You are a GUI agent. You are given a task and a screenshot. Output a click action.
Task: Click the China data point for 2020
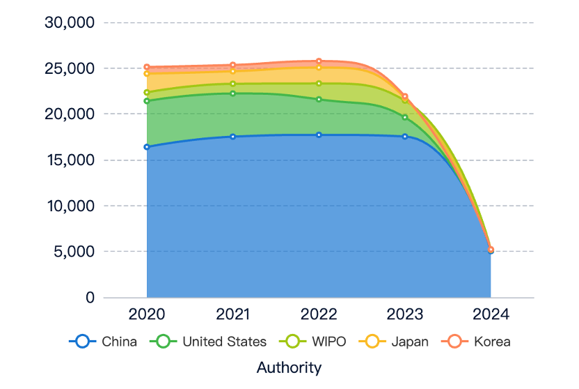(x=147, y=147)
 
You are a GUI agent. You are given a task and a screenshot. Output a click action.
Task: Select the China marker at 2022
(x=319, y=135)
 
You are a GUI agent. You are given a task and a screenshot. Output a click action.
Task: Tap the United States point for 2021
(x=232, y=93)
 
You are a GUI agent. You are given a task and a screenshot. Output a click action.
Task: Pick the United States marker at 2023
(x=405, y=117)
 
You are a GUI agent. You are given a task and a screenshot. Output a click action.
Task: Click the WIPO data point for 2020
(x=147, y=93)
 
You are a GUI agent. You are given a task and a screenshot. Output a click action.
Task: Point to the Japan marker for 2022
(x=319, y=68)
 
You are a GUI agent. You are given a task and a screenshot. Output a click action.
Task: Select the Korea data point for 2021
(x=232, y=65)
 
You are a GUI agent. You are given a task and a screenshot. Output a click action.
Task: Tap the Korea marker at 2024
(x=491, y=250)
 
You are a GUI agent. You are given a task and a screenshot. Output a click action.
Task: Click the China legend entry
(x=103, y=342)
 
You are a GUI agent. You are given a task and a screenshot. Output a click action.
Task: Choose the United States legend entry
(x=208, y=342)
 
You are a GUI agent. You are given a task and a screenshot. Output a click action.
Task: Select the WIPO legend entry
(x=312, y=342)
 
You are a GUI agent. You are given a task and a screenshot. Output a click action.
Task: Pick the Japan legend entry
(x=394, y=342)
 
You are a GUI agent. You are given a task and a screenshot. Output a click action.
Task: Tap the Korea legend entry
(x=476, y=342)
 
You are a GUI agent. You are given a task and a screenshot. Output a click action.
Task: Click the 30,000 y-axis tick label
(x=70, y=22)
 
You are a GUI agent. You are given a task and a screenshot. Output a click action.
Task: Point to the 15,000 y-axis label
(x=70, y=160)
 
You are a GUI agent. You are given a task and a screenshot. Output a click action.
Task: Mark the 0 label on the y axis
(x=90, y=297)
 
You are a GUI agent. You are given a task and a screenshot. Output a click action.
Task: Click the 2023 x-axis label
(x=405, y=314)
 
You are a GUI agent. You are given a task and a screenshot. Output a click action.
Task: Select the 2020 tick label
(x=147, y=314)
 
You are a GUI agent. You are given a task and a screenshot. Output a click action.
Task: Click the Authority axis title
(x=289, y=368)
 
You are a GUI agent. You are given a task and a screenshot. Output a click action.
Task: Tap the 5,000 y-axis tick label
(x=74, y=252)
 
